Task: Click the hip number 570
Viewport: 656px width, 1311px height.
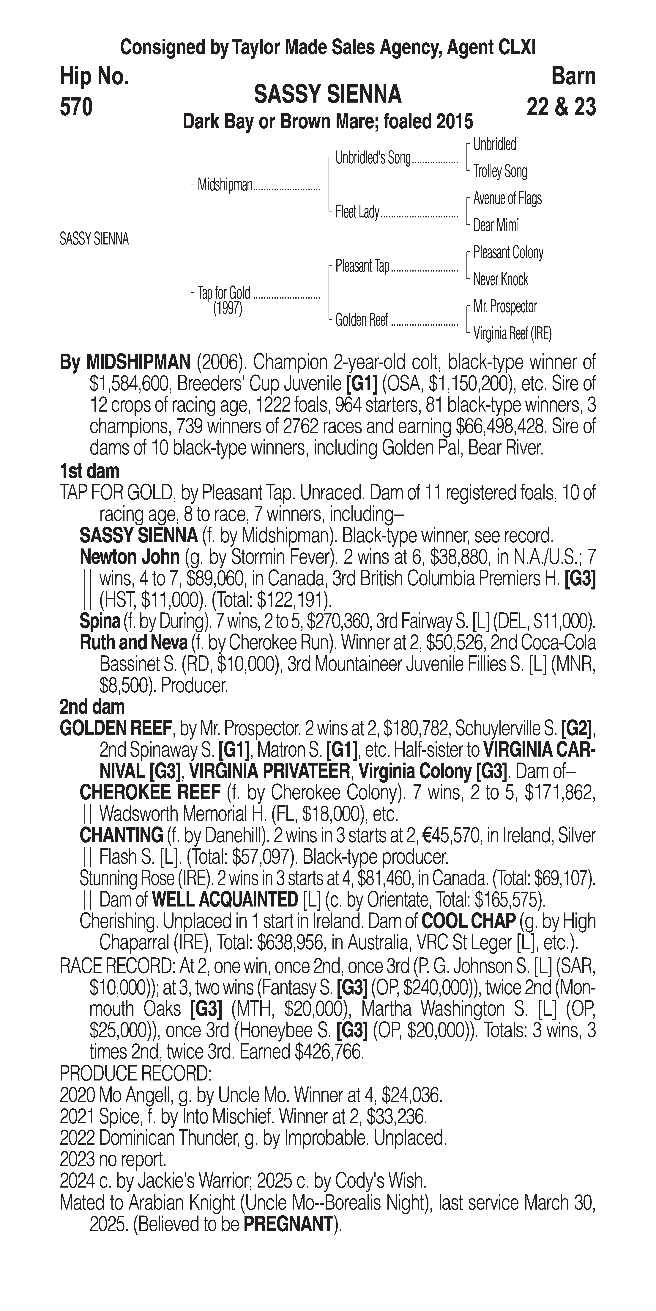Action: (x=76, y=107)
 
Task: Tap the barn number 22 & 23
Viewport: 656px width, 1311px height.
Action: (x=561, y=107)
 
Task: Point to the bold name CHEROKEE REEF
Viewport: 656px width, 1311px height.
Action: (x=150, y=792)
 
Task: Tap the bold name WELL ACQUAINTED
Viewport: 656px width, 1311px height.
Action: (x=225, y=900)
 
